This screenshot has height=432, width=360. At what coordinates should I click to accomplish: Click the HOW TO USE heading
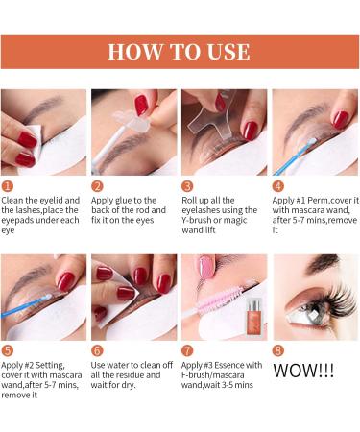click(179, 51)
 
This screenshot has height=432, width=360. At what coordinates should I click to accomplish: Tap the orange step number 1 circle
click(7, 185)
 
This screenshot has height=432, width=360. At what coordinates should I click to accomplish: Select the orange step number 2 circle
click(97, 185)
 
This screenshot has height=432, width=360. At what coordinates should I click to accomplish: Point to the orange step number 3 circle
click(187, 185)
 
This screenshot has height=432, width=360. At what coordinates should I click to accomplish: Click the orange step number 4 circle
click(277, 185)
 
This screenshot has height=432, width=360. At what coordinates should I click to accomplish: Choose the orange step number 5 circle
click(7, 350)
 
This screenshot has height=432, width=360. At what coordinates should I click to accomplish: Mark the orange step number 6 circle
click(97, 350)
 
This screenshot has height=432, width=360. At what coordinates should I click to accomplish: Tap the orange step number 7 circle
click(187, 350)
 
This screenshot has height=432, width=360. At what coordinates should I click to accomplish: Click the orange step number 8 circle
click(277, 350)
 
